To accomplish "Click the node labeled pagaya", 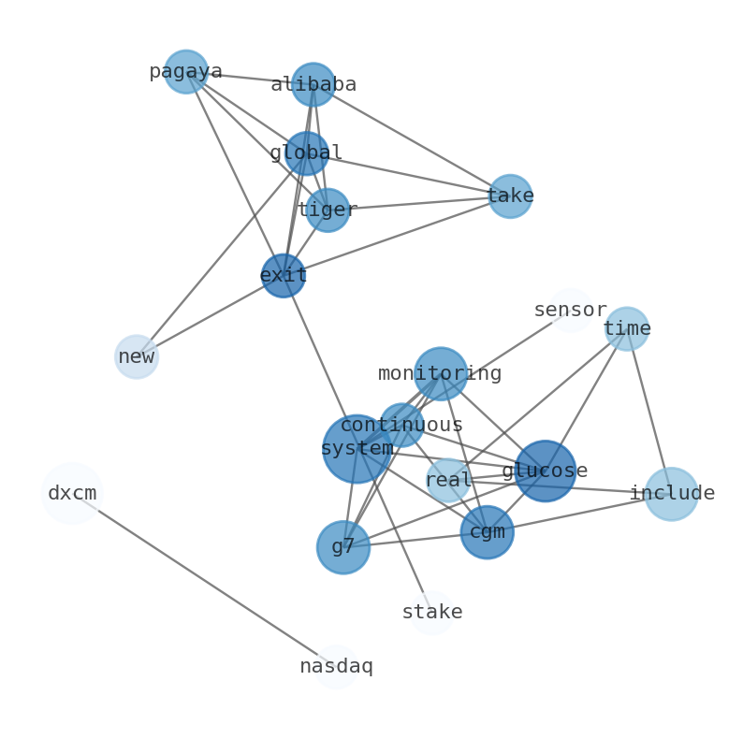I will (x=186, y=72).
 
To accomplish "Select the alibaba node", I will (x=313, y=85).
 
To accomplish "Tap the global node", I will (x=307, y=153).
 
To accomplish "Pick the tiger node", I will (x=328, y=210).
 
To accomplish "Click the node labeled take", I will (x=510, y=196).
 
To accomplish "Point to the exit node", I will (x=283, y=276).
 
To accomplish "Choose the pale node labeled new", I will (x=137, y=356).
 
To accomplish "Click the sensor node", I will (x=571, y=311).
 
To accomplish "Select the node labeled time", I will (x=627, y=329).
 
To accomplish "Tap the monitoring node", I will (x=441, y=374).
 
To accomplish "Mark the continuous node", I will (x=401, y=426).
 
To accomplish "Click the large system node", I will (x=357, y=449).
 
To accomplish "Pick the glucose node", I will (x=546, y=471).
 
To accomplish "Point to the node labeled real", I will (x=448, y=481).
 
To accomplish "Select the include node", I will (x=672, y=494).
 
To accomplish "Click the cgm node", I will (x=488, y=532).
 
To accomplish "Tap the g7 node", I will (x=343, y=547).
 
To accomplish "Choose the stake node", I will (x=432, y=613).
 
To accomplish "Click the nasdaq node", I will (x=336, y=667).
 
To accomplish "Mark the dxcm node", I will (x=72, y=494).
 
